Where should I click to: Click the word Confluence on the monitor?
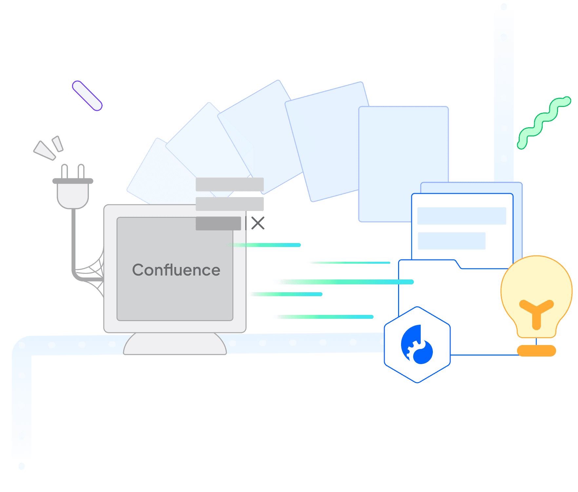click(x=176, y=270)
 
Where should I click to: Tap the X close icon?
click(x=258, y=223)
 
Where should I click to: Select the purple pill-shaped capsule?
click(x=87, y=95)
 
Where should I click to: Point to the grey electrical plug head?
click(x=73, y=194)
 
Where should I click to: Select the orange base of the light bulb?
click(x=536, y=351)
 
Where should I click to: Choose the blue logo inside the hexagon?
click(x=417, y=344)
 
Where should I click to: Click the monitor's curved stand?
click(x=175, y=344)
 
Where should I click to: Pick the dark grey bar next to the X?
click(x=218, y=223)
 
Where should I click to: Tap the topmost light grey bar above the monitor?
click(x=230, y=184)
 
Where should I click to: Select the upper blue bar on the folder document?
click(x=462, y=216)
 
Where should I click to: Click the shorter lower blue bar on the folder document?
click(x=452, y=241)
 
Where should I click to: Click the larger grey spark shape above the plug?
click(x=45, y=151)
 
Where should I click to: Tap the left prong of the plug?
click(x=65, y=172)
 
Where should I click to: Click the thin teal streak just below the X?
click(x=264, y=245)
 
